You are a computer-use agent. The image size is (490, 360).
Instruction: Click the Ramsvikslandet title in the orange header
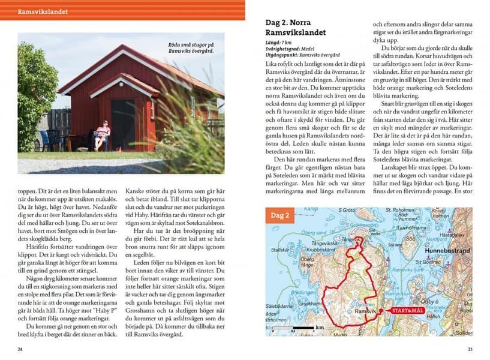click(x=43, y=11)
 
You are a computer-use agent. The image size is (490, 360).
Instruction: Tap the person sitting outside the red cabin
click(x=103, y=136)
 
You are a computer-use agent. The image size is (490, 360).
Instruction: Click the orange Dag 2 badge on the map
click(x=281, y=215)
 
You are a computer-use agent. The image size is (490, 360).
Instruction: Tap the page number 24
click(x=20, y=349)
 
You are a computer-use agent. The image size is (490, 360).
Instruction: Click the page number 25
click(x=470, y=349)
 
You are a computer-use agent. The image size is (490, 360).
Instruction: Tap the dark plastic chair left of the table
click(x=46, y=142)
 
